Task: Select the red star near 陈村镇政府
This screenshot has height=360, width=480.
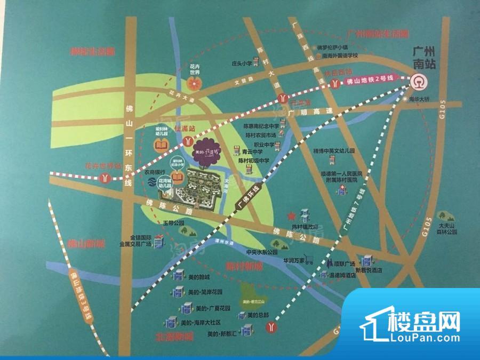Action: click(x=291, y=216)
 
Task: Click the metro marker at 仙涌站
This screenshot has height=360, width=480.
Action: click(x=188, y=141)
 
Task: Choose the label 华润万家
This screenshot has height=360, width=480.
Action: click(x=294, y=261)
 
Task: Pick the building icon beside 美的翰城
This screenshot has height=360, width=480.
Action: click(x=178, y=277)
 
